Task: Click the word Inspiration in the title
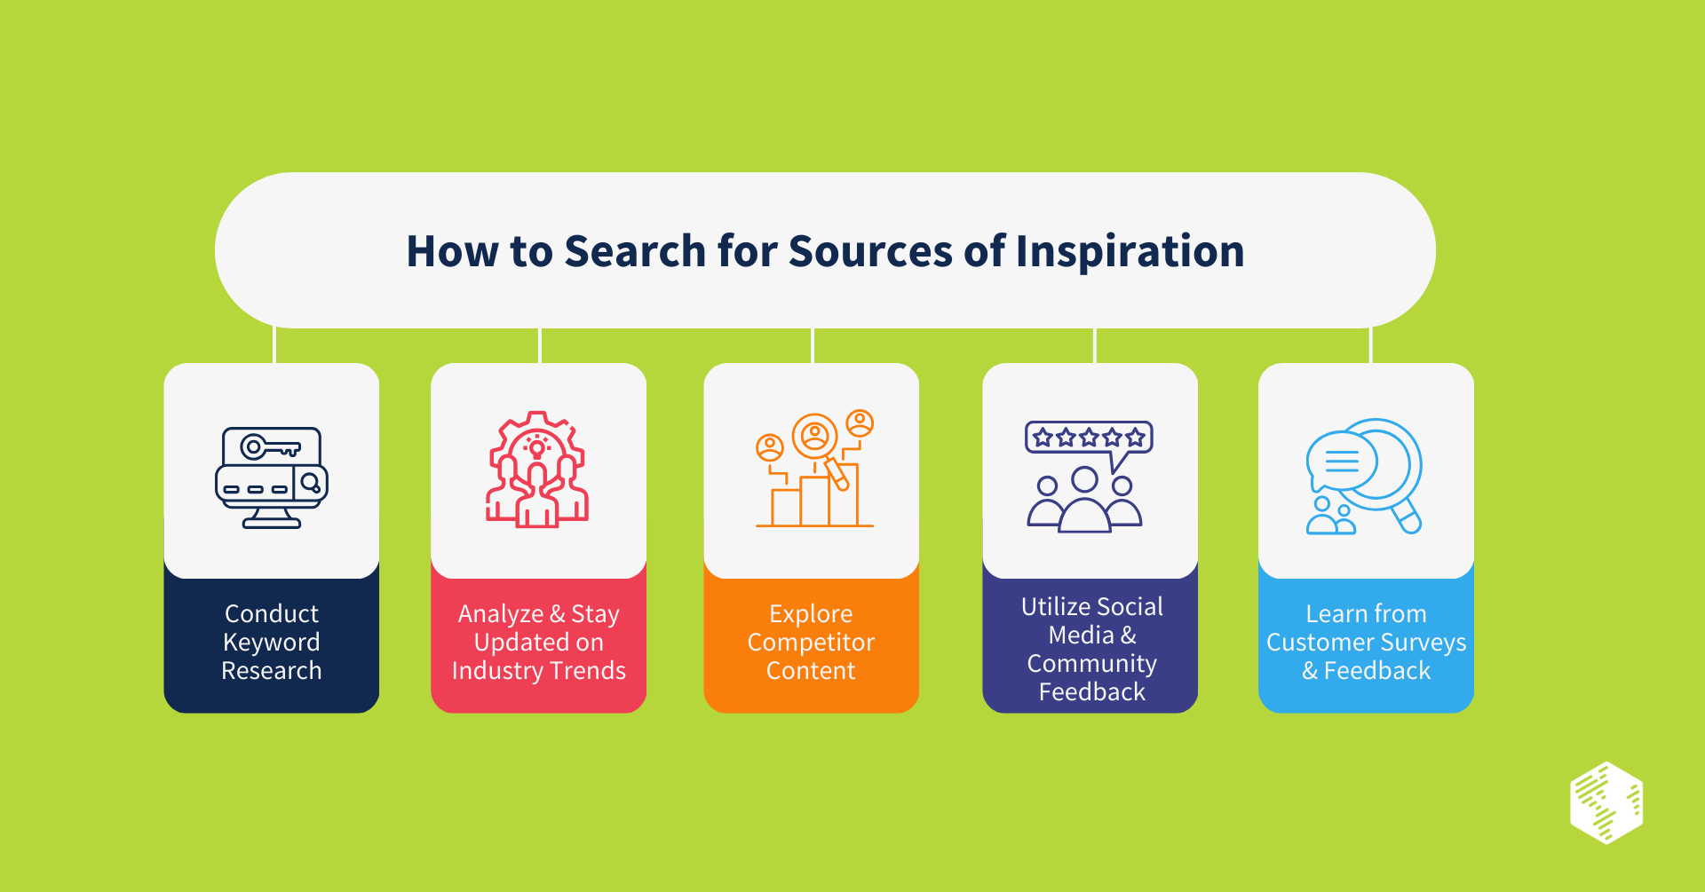1130,251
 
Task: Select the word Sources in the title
870,251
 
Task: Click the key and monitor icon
272,478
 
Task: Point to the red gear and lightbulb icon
537,470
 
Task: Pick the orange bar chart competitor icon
814,470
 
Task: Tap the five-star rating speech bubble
1089,438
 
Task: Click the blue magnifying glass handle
1407,516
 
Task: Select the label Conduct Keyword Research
272,642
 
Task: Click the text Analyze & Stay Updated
538,628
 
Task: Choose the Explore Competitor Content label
811,642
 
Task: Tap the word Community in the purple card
1091,664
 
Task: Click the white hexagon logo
1606,802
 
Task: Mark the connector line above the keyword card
274,345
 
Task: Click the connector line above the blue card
1371,345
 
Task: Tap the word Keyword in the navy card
272,643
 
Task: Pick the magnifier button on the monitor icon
311,483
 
